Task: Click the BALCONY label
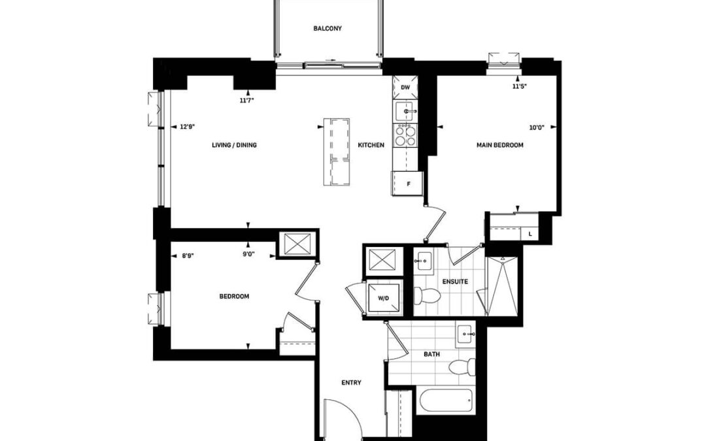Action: [328, 28]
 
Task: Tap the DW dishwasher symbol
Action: [405, 88]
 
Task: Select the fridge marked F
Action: [407, 184]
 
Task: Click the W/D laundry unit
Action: [383, 297]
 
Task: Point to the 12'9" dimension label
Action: [187, 127]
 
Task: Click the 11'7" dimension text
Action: [246, 101]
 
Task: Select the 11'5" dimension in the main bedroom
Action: [520, 86]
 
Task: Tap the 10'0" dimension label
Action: [536, 127]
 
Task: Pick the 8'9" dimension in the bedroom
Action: [188, 255]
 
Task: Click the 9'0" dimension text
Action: [248, 254]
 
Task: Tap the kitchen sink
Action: [406, 111]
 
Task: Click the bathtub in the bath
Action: [446, 401]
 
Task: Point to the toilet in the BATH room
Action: [462, 367]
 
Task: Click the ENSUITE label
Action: [455, 282]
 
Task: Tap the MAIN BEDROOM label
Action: [500, 145]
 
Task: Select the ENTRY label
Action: [351, 382]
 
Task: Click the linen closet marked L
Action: [530, 234]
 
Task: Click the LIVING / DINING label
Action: [234, 145]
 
